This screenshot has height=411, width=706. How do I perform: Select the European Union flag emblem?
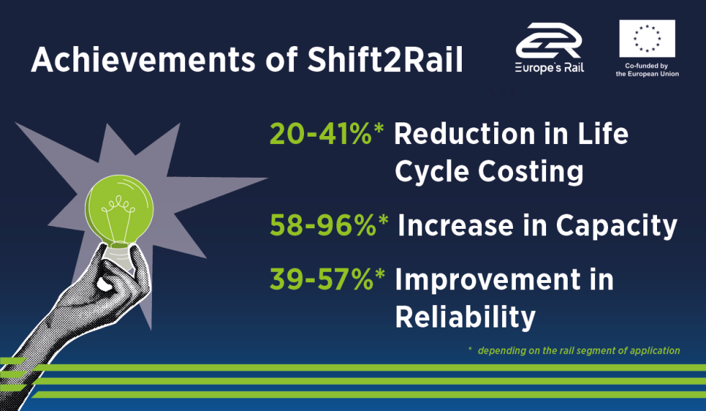pos(647,38)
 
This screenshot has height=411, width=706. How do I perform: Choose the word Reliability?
pos(465,317)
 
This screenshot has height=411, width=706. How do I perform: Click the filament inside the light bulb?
pos(118,214)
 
